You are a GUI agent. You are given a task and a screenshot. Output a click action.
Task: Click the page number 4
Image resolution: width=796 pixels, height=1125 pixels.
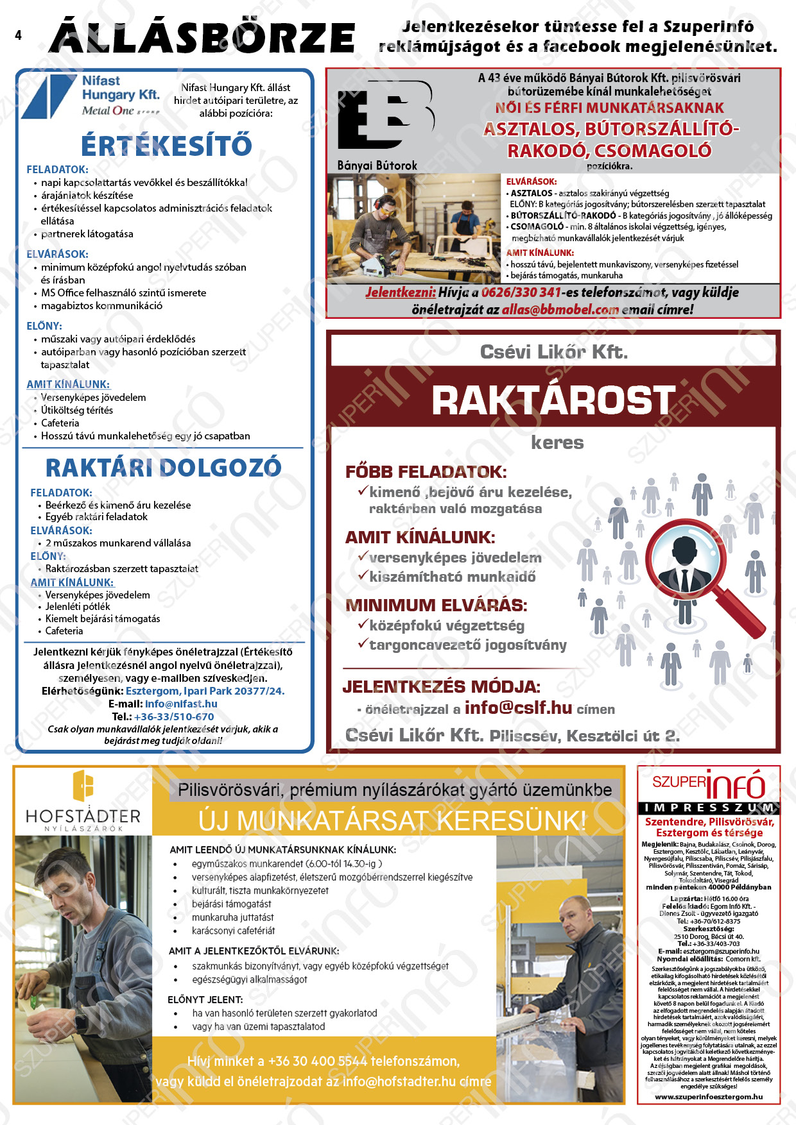pos(18,35)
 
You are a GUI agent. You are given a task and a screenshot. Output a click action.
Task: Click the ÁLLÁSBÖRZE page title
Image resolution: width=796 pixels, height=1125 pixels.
pos(202,37)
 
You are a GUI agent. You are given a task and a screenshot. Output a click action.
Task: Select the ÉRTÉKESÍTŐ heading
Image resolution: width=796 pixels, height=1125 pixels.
pos(166,146)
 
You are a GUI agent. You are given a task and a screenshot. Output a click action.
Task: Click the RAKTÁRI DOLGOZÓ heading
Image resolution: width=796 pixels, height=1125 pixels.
pos(163,468)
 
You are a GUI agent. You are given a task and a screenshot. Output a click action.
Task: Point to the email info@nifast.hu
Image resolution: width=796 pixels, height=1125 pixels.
pos(181,704)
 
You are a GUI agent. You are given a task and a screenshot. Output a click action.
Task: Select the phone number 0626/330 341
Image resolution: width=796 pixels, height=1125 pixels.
pos(521,292)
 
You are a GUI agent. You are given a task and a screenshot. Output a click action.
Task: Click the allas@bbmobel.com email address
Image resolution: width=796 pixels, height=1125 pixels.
pos(560,309)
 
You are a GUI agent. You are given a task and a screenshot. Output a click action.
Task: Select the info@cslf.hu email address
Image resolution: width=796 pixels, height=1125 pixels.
pos(518,707)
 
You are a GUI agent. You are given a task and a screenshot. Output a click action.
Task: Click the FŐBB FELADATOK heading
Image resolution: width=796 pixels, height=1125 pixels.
pos(426,472)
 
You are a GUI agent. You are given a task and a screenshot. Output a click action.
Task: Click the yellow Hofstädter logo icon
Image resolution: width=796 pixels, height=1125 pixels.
pos(83,786)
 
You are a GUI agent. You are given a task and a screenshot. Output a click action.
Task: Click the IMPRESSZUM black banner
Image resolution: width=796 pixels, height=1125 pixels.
pos(708,808)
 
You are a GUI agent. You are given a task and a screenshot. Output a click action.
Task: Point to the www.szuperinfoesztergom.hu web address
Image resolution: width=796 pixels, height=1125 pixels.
pos(709,1097)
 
